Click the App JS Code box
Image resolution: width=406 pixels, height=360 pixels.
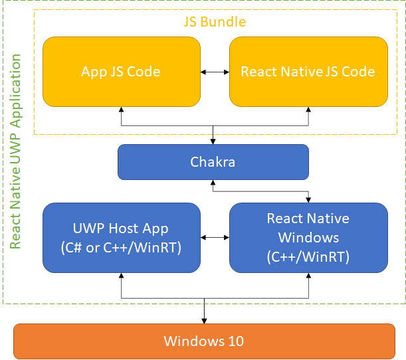click(121, 72)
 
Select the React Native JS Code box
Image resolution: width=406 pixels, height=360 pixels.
click(308, 72)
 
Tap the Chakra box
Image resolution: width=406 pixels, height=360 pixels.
click(213, 161)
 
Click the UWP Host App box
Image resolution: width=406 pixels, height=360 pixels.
click(121, 236)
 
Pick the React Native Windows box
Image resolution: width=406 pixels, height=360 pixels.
click(308, 236)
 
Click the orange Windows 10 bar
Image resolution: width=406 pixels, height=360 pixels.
click(204, 341)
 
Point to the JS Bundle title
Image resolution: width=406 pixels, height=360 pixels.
click(215, 22)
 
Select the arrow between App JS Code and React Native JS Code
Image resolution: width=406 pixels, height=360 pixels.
click(215, 72)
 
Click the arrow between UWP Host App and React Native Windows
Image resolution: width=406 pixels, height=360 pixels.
click(215, 237)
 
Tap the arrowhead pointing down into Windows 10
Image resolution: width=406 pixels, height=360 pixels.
click(204, 320)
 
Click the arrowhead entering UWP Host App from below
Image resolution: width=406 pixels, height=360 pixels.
click(121, 274)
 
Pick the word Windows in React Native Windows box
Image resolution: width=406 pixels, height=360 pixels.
click(308, 237)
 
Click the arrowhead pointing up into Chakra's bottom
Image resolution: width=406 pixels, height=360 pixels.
click(213, 183)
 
